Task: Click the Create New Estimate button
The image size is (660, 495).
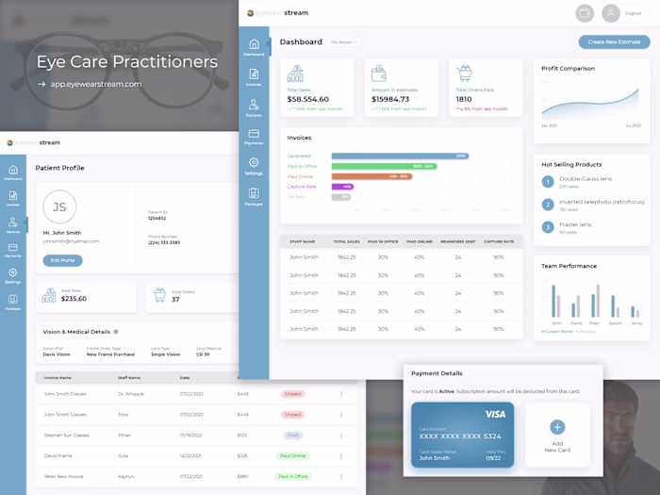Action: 614,42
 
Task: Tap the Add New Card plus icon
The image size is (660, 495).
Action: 557,427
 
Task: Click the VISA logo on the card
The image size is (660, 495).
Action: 495,414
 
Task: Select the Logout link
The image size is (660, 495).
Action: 634,13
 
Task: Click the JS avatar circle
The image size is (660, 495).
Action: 59,206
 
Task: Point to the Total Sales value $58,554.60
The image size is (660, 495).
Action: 308,99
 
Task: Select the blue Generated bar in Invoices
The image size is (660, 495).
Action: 400,156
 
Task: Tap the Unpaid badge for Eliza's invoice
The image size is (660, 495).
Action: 293,414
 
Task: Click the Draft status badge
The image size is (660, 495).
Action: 293,435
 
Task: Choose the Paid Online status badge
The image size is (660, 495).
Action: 293,455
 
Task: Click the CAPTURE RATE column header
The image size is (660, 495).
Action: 499,241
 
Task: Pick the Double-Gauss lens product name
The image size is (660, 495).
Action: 586,178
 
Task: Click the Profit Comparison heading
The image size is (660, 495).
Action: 568,68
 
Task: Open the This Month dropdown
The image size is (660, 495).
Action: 343,42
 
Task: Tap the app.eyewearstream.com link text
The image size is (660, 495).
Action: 96,84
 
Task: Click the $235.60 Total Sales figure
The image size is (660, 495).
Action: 74,299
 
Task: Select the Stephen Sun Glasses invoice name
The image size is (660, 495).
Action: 66,435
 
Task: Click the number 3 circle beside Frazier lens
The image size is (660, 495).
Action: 548,226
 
